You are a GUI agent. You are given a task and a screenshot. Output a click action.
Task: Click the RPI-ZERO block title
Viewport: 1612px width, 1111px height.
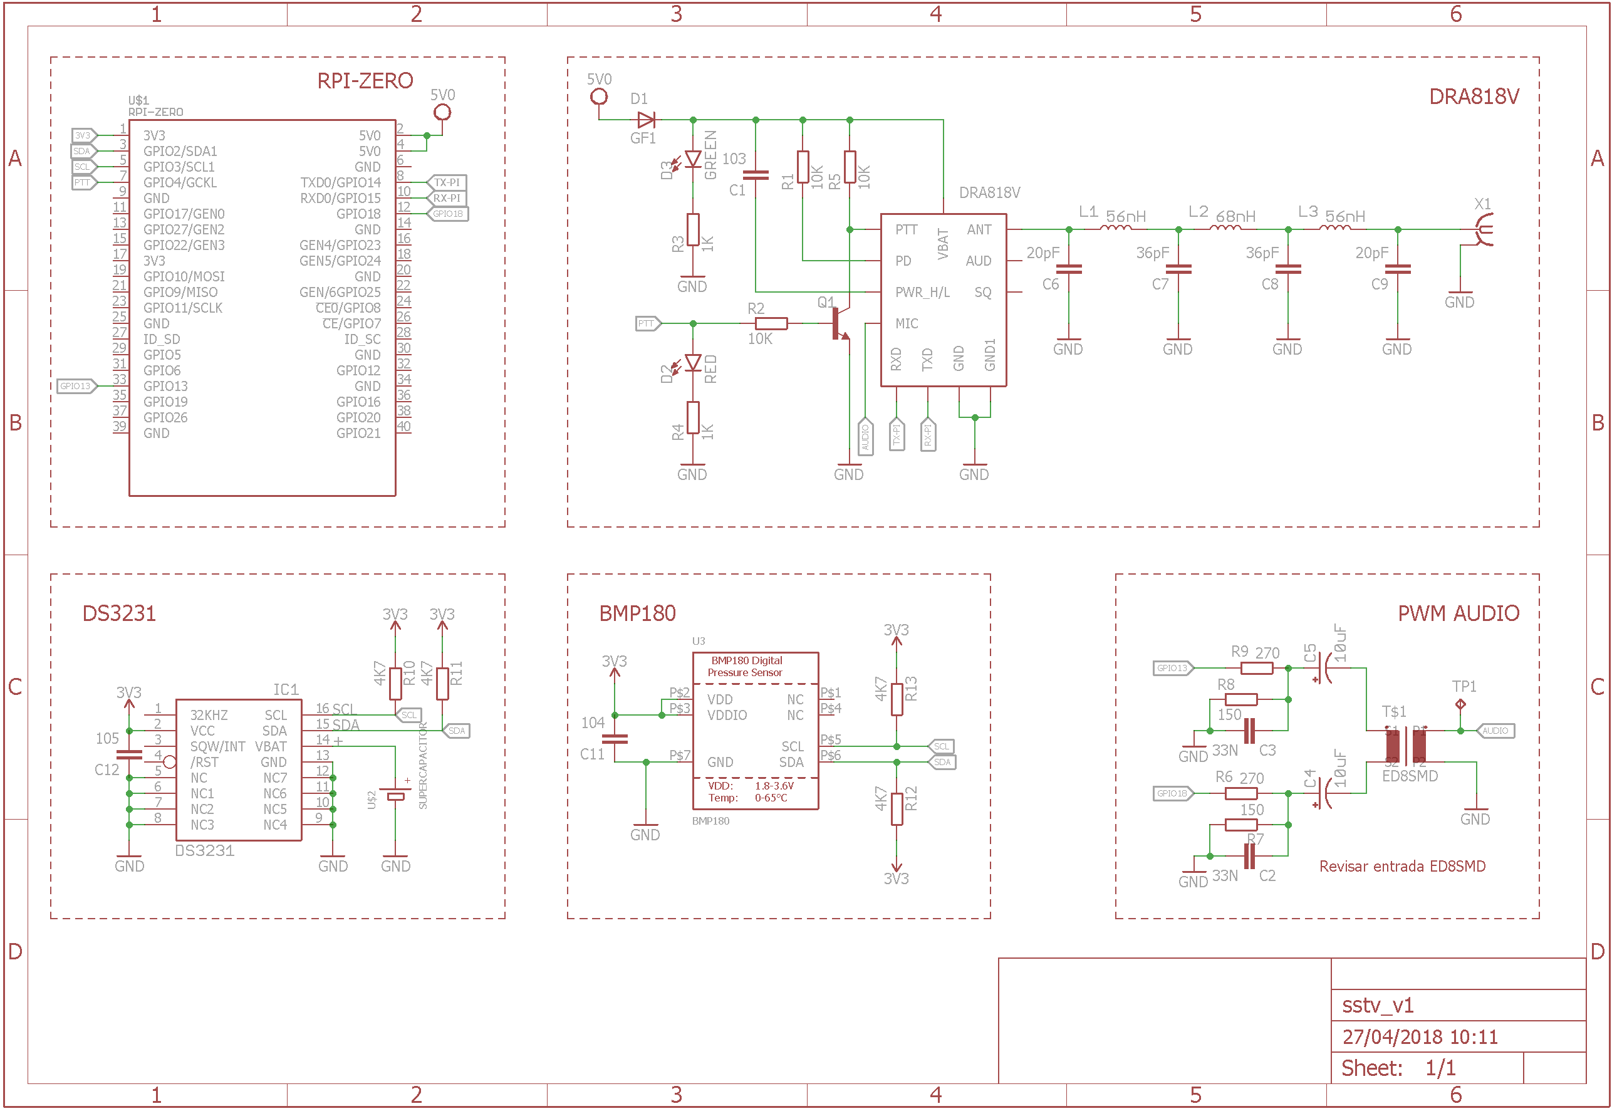(365, 81)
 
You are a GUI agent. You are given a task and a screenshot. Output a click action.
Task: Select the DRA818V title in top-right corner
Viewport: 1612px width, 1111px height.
(1473, 96)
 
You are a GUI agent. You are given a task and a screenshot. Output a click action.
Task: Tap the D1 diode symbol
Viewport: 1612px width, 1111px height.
(645, 120)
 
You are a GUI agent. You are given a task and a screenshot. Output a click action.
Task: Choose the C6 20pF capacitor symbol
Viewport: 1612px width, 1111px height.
(1068, 269)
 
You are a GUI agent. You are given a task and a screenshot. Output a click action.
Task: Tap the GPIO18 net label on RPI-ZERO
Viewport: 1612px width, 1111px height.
(447, 214)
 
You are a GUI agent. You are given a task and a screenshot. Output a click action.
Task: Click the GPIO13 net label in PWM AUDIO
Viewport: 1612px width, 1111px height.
(1172, 668)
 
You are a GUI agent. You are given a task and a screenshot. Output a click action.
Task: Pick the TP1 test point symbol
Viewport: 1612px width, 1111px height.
(1460, 704)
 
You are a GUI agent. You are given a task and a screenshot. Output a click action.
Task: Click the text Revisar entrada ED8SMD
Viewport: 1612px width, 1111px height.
(1401, 866)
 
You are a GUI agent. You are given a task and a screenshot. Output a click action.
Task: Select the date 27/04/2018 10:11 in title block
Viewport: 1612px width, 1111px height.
(1419, 1037)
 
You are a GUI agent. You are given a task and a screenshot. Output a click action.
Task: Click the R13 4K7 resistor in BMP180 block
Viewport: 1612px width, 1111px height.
(897, 699)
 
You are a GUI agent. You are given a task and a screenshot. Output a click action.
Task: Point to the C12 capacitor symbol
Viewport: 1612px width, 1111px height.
(129, 754)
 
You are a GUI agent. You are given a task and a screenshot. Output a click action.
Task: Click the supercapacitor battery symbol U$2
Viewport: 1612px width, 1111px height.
(395, 796)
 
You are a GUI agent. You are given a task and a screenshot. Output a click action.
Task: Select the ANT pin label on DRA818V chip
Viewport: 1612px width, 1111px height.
(979, 230)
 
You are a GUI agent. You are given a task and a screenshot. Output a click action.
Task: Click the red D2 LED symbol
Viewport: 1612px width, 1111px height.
(692, 363)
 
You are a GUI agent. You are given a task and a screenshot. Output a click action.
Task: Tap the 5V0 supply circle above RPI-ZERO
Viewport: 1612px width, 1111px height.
(442, 112)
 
